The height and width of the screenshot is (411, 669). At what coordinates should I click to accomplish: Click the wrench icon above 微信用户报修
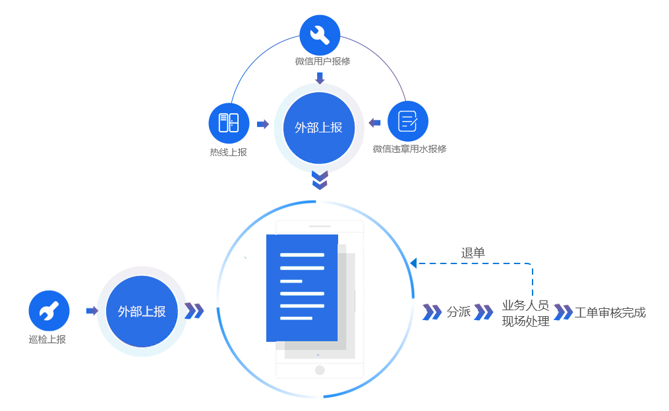click(320, 35)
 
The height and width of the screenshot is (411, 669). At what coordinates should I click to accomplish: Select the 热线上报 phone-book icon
click(229, 123)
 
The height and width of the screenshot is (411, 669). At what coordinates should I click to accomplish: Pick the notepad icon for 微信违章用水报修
click(408, 121)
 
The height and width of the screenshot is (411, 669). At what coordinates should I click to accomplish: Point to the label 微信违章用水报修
click(409, 149)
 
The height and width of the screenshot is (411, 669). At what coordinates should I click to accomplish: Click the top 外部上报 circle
click(319, 128)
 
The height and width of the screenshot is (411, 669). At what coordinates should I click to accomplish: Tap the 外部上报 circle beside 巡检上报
click(142, 312)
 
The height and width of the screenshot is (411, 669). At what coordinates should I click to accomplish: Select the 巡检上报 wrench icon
click(49, 311)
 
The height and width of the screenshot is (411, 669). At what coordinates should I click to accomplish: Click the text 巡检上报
click(47, 339)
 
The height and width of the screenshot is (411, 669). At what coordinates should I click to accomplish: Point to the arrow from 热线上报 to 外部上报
click(263, 124)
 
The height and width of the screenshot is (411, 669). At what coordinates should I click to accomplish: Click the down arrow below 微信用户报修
click(320, 78)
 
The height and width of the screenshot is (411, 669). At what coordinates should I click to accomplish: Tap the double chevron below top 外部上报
click(320, 180)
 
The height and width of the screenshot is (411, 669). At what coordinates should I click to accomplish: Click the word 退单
click(473, 252)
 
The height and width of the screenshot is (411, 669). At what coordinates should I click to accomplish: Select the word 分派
click(459, 312)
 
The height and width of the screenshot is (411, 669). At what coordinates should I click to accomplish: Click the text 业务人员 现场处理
click(525, 314)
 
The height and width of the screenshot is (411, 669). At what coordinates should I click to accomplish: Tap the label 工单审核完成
click(610, 312)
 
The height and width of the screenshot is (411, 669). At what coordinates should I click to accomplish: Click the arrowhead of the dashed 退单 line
click(413, 263)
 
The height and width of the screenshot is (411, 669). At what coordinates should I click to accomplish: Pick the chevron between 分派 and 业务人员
click(484, 312)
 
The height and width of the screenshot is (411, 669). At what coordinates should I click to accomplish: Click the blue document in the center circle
click(302, 288)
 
